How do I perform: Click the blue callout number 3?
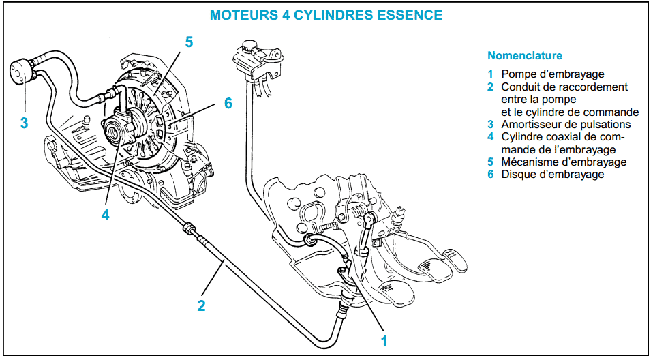tap(24, 123)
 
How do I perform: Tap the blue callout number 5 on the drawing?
tap(189, 42)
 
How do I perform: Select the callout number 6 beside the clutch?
tap(228, 103)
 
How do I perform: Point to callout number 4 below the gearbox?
tap(106, 215)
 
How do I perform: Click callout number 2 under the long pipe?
tap(202, 306)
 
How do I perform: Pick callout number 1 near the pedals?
tap(384, 341)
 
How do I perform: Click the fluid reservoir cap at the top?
tap(248, 44)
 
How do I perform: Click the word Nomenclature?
tap(525, 55)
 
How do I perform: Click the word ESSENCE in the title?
tap(410, 15)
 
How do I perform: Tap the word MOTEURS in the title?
tap(243, 15)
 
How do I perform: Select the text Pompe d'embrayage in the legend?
tap(553, 74)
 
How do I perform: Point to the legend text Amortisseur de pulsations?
tap(566, 125)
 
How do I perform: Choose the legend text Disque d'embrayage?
tap(553, 174)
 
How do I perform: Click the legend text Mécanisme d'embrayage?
tap(564, 162)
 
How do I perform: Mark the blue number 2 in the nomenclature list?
tap(491, 87)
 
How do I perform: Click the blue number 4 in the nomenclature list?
tap(491, 137)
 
